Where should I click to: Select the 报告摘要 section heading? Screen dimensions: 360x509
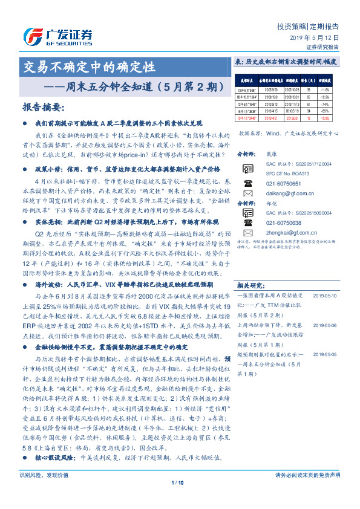point(43,107)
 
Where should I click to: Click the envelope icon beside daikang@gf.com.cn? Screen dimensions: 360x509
point(247,191)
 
